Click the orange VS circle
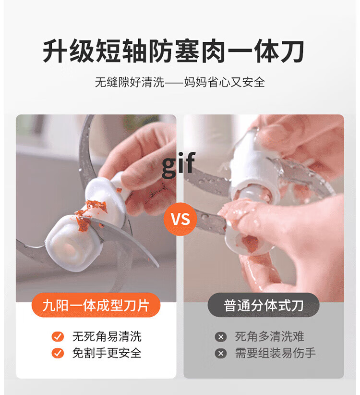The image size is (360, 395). (180, 219)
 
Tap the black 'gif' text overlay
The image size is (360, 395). (179, 165)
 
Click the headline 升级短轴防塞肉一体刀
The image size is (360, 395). (173, 51)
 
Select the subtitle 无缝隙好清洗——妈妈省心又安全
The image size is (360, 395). (180, 82)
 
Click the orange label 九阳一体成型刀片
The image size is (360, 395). (96, 305)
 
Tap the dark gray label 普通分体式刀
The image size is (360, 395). (264, 305)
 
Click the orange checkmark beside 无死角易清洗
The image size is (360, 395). (58, 336)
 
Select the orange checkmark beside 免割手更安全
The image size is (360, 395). (58, 353)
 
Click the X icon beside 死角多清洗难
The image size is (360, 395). (221, 337)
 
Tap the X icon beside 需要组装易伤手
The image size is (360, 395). (221, 354)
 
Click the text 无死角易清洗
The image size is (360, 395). (107, 336)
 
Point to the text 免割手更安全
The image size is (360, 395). (107, 353)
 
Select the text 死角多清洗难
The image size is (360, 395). (269, 336)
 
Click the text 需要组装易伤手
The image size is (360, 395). (275, 353)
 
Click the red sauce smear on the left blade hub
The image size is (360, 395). (91, 214)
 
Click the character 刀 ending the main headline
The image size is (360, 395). (292, 51)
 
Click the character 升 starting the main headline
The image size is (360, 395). (55, 51)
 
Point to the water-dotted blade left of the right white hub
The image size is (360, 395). (208, 181)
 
